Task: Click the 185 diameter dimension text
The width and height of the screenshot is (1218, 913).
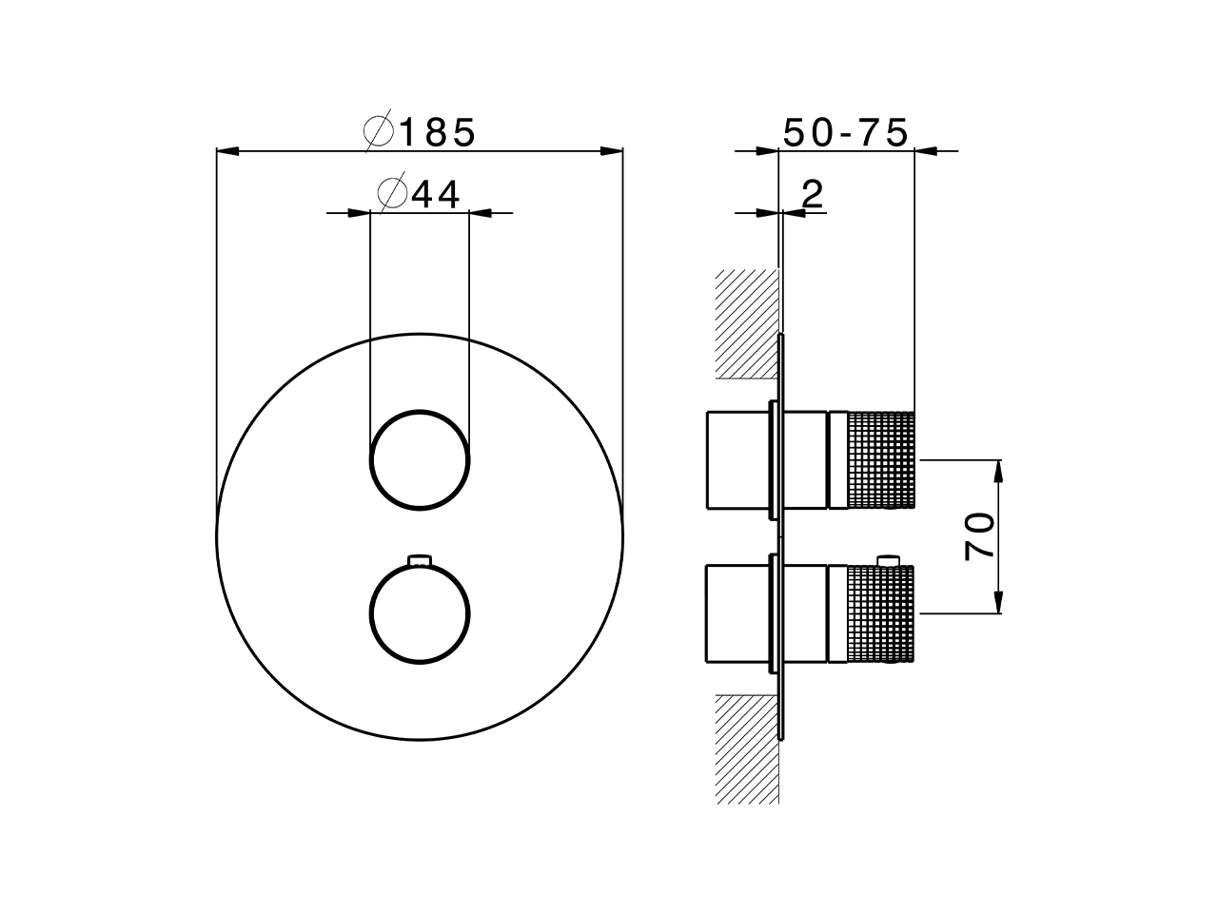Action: pyautogui.click(x=437, y=133)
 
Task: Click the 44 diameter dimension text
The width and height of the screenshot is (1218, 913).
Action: pyautogui.click(x=436, y=194)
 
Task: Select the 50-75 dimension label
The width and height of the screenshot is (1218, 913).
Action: pyautogui.click(x=845, y=133)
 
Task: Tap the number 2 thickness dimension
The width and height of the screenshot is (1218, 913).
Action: pyautogui.click(x=812, y=195)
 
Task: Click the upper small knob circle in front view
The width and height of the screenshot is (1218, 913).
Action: pyautogui.click(x=420, y=461)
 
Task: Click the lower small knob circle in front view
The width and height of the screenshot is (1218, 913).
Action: pyautogui.click(x=420, y=613)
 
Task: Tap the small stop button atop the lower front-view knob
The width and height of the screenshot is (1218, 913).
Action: pyautogui.click(x=420, y=559)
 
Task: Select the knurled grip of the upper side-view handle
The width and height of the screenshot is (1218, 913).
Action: pyautogui.click(x=880, y=459)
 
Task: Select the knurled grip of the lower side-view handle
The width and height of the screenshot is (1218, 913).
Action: pyautogui.click(x=880, y=613)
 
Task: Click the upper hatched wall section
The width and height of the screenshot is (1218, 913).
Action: pyautogui.click(x=746, y=323)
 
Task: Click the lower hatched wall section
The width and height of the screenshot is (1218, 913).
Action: pyautogui.click(x=746, y=747)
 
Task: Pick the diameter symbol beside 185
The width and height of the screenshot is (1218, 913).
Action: pyautogui.click(x=379, y=132)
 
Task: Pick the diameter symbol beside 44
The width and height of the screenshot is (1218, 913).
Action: pyautogui.click(x=392, y=194)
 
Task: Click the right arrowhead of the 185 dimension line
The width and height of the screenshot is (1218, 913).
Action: pyautogui.click(x=613, y=150)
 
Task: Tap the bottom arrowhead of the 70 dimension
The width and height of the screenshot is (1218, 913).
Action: pyautogui.click(x=997, y=603)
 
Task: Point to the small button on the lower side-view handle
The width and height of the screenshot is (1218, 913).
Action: pyautogui.click(x=890, y=559)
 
